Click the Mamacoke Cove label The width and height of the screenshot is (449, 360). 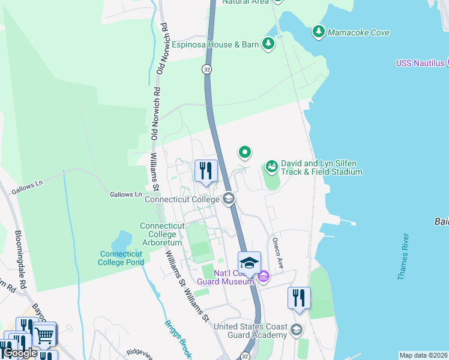click(358, 32)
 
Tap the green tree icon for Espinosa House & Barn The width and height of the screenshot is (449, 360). click(268, 44)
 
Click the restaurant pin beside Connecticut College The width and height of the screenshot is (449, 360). click(206, 171)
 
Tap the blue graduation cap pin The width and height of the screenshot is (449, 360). click(249, 263)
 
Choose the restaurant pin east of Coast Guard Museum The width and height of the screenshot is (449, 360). click(298, 298)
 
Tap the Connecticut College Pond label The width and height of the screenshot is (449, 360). click(121, 258)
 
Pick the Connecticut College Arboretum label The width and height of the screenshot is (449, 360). click(161, 234)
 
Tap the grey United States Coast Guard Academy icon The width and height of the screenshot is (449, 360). click(296, 330)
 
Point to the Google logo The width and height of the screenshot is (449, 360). click(20, 353)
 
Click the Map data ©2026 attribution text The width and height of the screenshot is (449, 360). click(423, 355)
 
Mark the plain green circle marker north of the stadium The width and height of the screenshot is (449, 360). click(244, 152)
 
